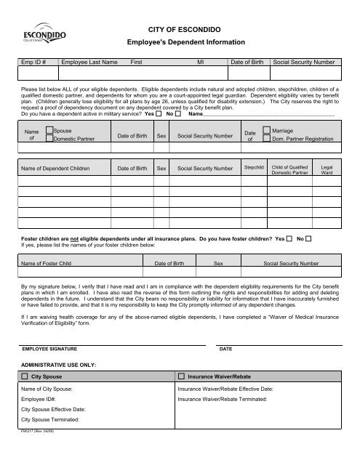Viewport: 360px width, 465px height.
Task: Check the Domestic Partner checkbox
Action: coord(49,139)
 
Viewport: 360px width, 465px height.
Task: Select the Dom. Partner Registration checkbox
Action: coord(266,139)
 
